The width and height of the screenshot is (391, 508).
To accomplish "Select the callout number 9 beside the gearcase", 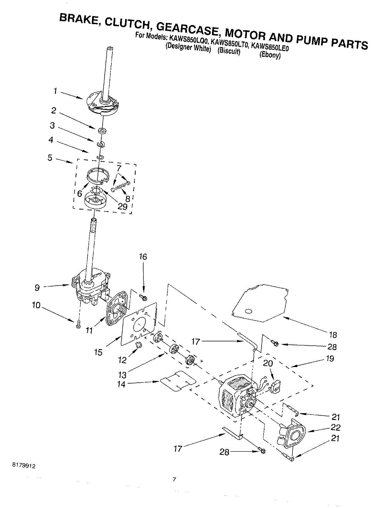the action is [37, 287].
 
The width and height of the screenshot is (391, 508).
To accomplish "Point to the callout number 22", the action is [335, 428].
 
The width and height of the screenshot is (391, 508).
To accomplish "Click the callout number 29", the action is [123, 207].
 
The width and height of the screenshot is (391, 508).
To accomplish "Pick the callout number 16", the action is [143, 257].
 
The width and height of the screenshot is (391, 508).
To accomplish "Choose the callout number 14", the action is [121, 384].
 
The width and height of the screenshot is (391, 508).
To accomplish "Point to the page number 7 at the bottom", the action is [174, 479].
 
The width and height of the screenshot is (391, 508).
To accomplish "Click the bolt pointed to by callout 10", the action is [78, 325].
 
